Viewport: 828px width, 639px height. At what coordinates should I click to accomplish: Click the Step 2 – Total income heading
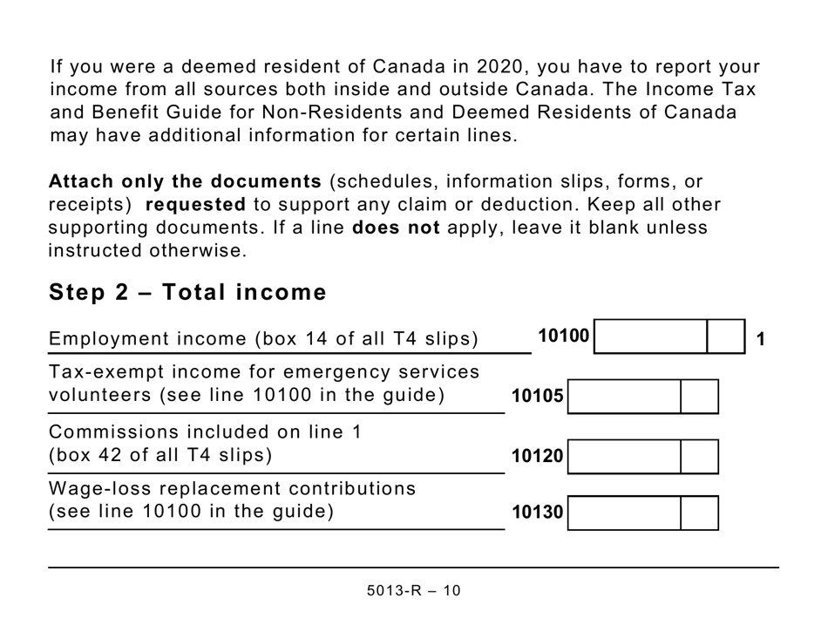pos(187,293)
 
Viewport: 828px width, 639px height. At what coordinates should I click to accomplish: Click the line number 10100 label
pos(563,336)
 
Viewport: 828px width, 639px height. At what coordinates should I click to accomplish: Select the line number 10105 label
pos(538,397)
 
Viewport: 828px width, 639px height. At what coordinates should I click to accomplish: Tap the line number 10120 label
pos(538,456)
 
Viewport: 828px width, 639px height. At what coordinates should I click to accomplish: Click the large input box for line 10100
pos(650,336)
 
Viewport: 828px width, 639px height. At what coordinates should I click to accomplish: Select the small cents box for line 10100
pos(725,336)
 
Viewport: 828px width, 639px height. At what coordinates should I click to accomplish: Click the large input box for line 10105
pos(624,397)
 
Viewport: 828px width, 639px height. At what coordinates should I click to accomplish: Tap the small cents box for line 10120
pos(699,456)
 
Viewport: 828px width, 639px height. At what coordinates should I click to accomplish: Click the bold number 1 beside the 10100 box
pos(761,339)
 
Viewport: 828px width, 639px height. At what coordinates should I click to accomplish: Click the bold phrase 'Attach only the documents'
pos(186,182)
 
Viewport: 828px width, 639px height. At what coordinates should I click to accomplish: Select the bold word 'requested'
pos(195,205)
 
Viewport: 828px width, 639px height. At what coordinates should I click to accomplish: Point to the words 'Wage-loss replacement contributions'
pos(232,488)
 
